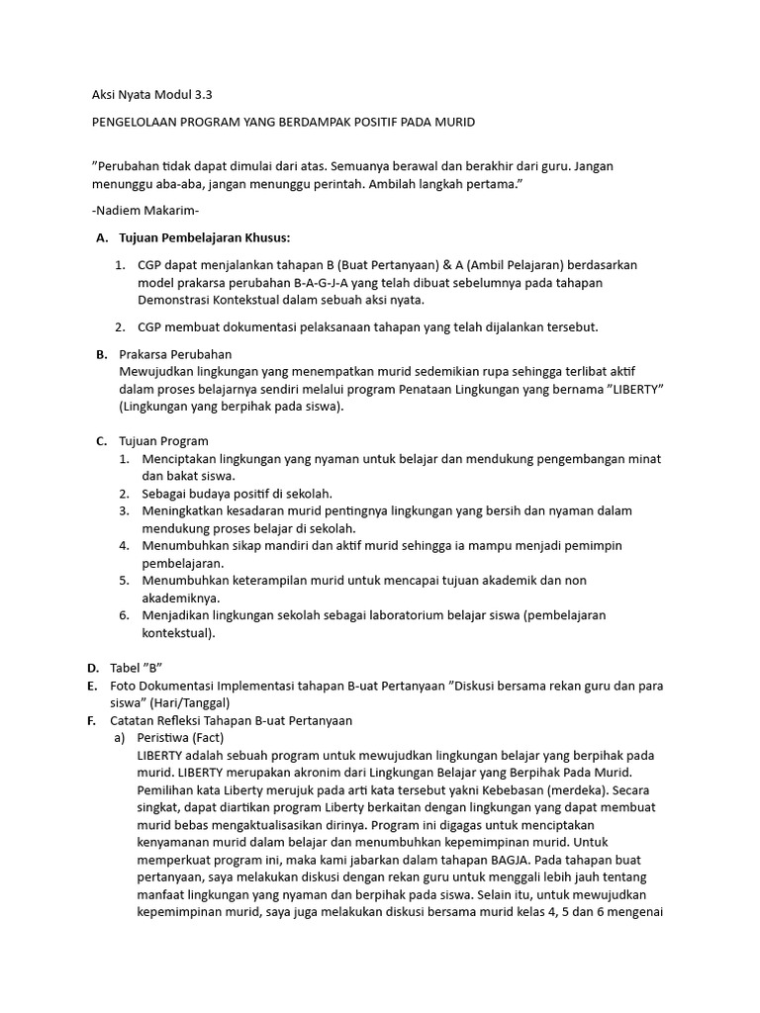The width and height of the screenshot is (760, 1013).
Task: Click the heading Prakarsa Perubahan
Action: click(x=175, y=354)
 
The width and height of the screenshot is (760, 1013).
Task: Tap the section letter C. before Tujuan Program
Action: click(x=101, y=441)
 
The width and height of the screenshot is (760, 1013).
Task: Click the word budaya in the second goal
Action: click(x=213, y=494)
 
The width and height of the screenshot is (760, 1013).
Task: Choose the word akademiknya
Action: click(x=181, y=598)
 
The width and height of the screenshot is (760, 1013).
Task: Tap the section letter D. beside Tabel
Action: click(x=92, y=668)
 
